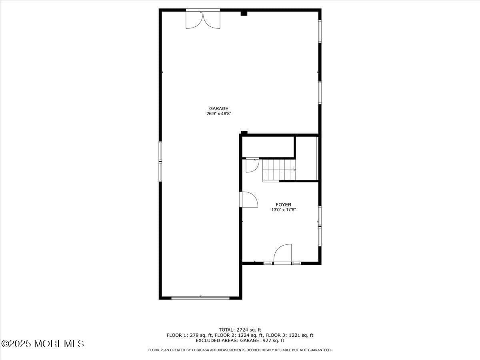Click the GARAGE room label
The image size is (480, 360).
(218, 108)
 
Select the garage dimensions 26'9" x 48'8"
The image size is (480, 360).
(218, 114)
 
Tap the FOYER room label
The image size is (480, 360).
(283, 205)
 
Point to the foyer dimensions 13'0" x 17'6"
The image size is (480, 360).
(283, 210)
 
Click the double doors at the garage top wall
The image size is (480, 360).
(203, 19)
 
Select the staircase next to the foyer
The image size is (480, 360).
(278, 170)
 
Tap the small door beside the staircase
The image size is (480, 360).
(252, 165)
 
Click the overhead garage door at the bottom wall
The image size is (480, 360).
(200, 298)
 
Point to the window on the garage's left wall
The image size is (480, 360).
(160, 161)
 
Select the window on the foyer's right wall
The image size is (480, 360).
(320, 226)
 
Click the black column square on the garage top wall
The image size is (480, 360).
(244, 14)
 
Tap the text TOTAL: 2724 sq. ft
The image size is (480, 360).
(240, 330)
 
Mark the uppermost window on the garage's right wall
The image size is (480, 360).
(320, 31)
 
